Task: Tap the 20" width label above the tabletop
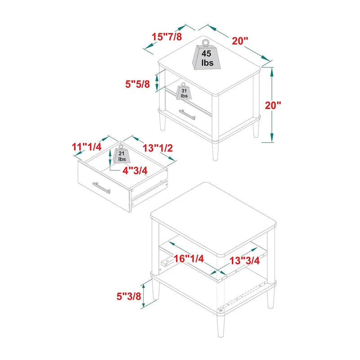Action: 240,40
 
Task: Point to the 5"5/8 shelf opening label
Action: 137,84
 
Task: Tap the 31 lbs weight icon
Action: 184,92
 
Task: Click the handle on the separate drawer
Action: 101,187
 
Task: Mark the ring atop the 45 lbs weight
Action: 205,43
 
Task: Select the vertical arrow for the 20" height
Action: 272,104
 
